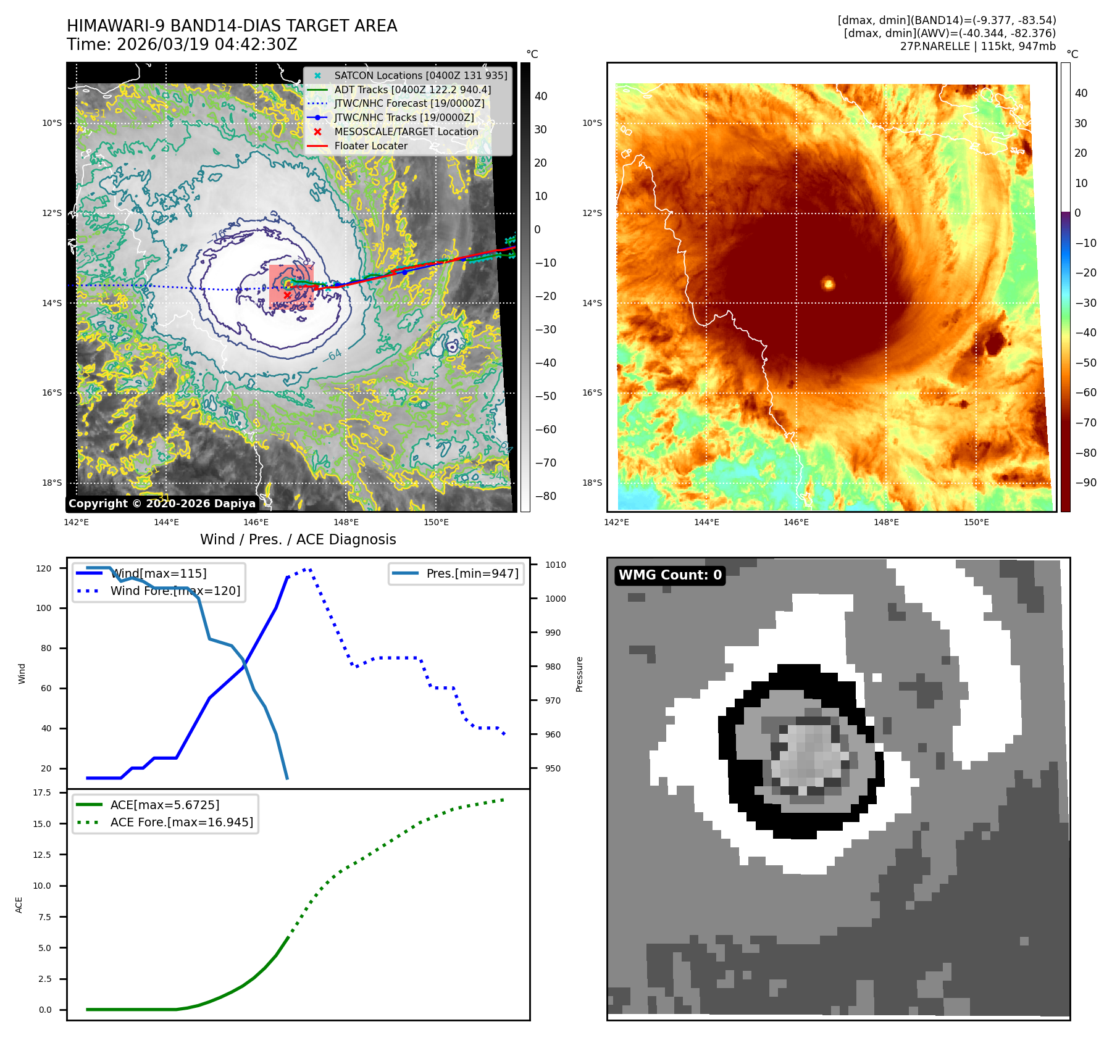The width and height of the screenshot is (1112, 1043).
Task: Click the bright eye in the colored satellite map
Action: pyautogui.click(x=828, y=284)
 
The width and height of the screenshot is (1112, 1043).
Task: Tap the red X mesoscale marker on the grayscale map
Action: pyautogui.click(x=287, y=295)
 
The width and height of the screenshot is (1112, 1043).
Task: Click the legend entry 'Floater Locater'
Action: pyautogui.click(x=370, y=146)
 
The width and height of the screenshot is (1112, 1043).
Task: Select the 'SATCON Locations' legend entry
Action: pyautogui.click(x=420, y=75)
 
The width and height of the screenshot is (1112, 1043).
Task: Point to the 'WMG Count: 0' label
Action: pyautogui.click(x=670, y=575)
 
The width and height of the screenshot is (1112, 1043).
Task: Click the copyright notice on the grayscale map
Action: pyautogui.click(x=162, y=504)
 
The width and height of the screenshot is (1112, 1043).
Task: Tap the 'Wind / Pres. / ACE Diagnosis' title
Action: pyautogui.click(x=298, y=539)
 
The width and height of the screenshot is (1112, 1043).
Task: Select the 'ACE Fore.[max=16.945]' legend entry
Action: pyautogui.click(x=182, y=822)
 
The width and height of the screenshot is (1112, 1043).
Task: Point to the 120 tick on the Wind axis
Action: pyautogui.click(x=44, y=568)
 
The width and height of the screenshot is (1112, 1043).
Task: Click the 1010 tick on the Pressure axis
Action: pyautogui.click(x=555, y=565)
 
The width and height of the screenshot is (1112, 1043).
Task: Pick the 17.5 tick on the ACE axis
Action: pyautogui.click(x=42, y=792)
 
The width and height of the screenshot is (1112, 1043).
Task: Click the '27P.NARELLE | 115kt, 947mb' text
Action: pyautogui.click(x=977, y=46)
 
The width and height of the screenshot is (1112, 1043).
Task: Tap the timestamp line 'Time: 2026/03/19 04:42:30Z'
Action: pyautogui.click(x=182, y=44)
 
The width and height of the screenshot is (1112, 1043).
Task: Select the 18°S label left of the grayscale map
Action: pyautogui.click(x=52, y=483)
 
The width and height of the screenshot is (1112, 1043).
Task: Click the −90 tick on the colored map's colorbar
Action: pyautogui.click(x=1085, y=483)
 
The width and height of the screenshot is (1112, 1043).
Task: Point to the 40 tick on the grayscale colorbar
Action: pyautogui.click(x=541, y=96)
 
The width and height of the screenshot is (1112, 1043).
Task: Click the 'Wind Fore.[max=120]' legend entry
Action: pyautogui.click(x=175, y=591)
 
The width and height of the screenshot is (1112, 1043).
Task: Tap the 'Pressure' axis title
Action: pyautogui.click(x=579, y=674)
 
